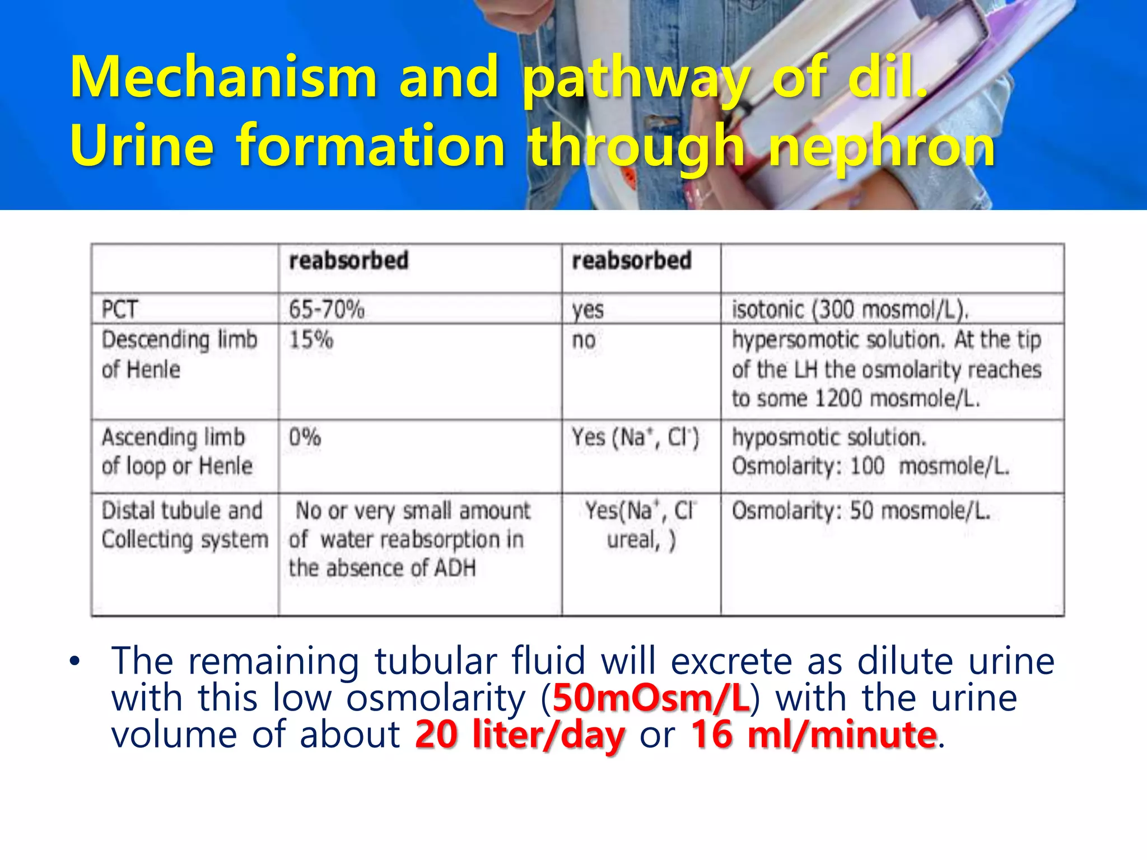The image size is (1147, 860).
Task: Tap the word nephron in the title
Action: [x=882, y=147]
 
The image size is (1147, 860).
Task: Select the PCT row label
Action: [x=119, y=310]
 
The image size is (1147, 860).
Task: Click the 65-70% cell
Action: [x=327, y=310]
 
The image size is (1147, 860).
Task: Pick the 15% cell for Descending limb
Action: [x=311, y=340]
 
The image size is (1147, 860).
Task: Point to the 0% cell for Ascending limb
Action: [x=305, y=437]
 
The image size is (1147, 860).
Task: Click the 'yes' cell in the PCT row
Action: [x=588, y=310]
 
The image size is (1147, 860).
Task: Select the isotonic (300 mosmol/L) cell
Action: [x=850, y=310]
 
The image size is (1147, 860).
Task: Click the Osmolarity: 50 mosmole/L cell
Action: [x=861, y=511]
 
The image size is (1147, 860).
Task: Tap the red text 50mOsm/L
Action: [x=651, y=698]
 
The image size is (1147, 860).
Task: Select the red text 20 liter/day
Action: [x=520, y=735]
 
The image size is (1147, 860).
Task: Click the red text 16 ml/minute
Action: [x=813, y=735]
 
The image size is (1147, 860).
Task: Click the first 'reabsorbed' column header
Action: [x=348, y=261]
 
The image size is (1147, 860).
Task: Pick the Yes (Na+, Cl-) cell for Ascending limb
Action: [x=635, y=437]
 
